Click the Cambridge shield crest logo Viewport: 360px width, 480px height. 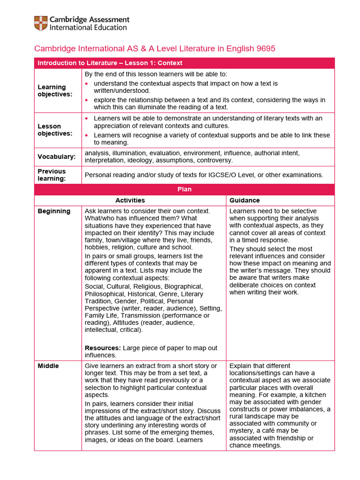[40, 23]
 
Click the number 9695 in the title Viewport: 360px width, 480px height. [266, 48]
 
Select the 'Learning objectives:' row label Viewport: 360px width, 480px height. [52, 90]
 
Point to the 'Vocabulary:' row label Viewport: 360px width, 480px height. [56, 157]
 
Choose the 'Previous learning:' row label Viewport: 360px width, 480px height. [52, 175]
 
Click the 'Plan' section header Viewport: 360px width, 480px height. [184, 189]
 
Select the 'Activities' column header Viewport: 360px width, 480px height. [130, 200]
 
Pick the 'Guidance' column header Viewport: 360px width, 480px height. [244, 200]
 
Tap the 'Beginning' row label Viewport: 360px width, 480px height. [54, 211]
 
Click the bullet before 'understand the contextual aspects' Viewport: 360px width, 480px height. [87, 83]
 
